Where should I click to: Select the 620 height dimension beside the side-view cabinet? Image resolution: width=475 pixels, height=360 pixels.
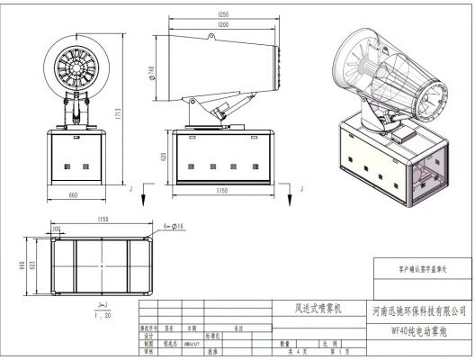tap(163, 157)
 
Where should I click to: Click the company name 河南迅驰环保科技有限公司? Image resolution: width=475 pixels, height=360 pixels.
tap(418, 310)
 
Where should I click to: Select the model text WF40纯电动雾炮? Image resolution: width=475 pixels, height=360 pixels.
tap(418, 330)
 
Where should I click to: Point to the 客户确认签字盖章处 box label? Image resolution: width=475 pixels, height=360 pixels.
tap(419, 268)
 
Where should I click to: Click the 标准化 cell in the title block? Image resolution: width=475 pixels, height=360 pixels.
tap(213, 336)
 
